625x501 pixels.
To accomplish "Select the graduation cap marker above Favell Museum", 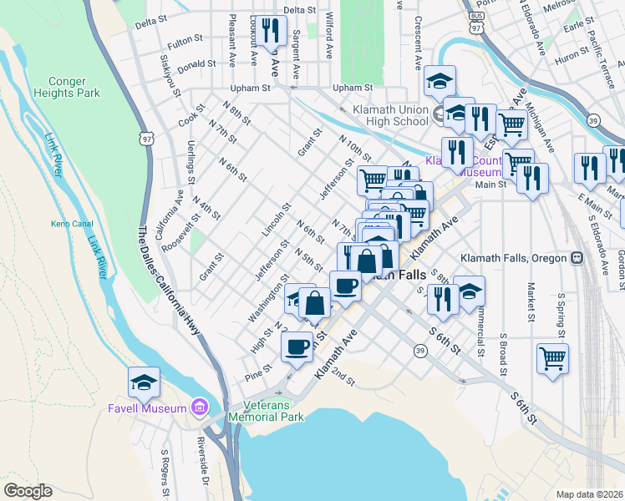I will click(x=144, y=383).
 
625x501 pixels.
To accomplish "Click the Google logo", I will click(x=28, y=491).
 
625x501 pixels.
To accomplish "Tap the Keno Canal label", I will click(x=64, y=224).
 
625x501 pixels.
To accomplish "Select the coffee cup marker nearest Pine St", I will click(x=298, y=346).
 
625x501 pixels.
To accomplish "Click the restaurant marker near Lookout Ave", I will click(x=270, y=32).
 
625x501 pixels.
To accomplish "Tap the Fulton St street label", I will click(x=185, y=39).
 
